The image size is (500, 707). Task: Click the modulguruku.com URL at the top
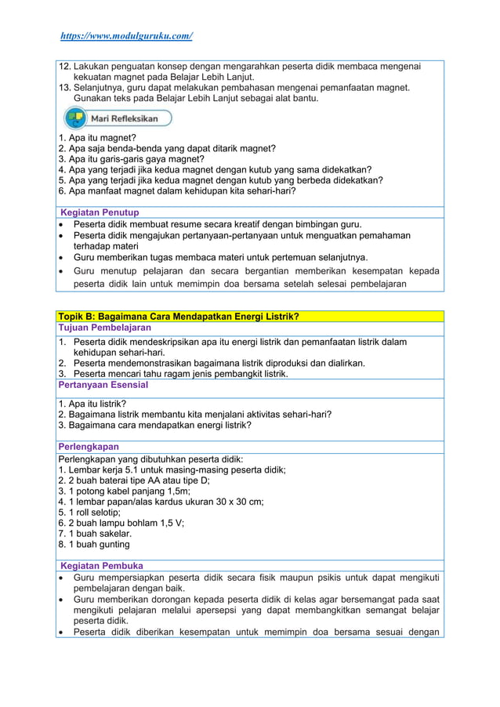pyautogui.click(x=127, y=36)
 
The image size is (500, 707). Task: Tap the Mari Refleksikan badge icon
pyautogui.click(x=76, y=118)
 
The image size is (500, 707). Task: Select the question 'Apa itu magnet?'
pyautogui.click(x=97, y=137)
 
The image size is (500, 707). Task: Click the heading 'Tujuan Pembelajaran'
pyautogui.click(x=105, y=328)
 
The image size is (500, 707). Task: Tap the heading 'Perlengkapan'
pyautogui.click(x=89, y=447)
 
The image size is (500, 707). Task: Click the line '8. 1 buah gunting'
pyautogui.click(x=94, y=544)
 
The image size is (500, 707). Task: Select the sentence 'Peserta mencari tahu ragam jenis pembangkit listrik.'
pyautogui.click(x=181, y=374)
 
